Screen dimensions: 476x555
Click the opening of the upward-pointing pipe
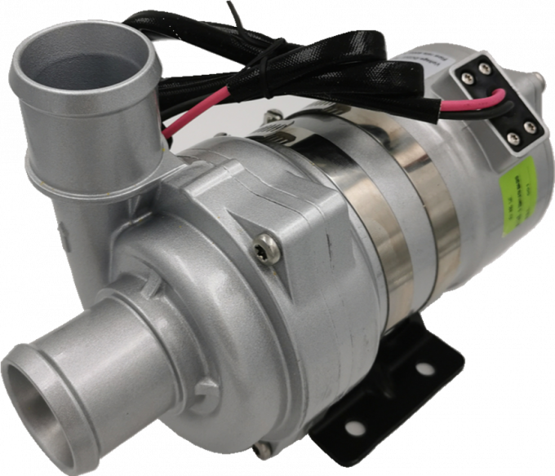88,68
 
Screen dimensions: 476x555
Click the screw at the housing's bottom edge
260,447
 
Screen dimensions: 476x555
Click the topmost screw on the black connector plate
484,68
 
